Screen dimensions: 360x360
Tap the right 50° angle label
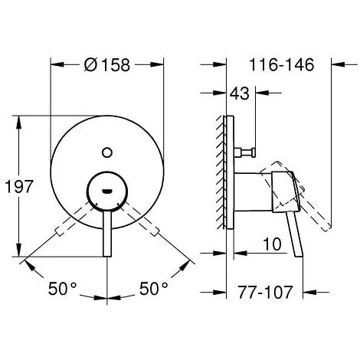pos(153,289)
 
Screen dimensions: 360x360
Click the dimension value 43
pos(241,93)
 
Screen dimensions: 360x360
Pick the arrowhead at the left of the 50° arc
pos(28,266)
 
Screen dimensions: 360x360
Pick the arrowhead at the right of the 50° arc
pos(186,266)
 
